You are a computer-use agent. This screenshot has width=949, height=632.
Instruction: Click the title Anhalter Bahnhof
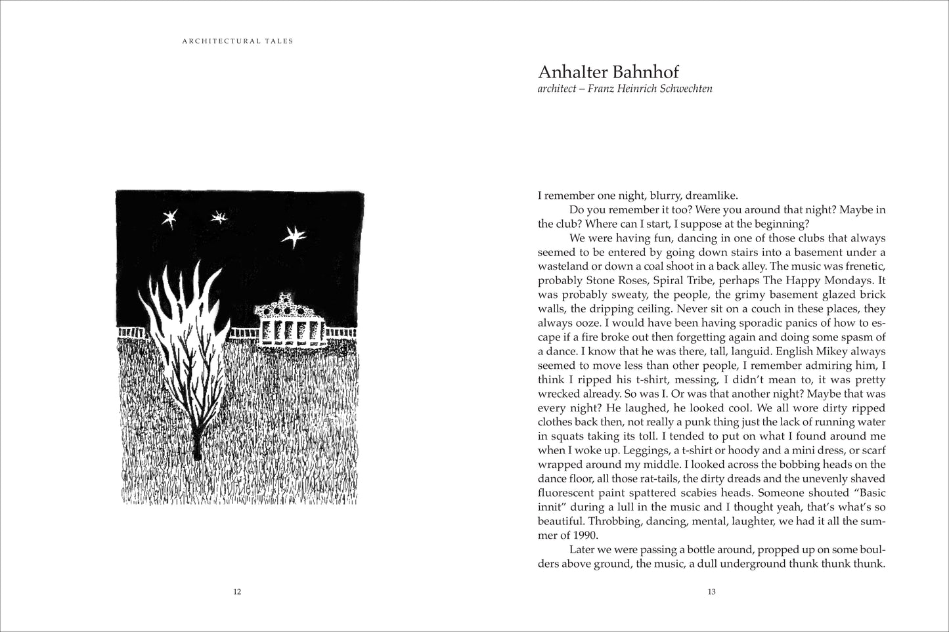(x=607, y=72)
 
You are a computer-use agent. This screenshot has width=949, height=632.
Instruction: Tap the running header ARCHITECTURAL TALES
(x=236, y=41)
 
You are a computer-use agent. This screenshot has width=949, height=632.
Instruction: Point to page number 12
(x=237, y=592)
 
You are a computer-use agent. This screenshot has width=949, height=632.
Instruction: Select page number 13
(x=711, y=592)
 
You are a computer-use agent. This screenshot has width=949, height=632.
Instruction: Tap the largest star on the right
(x=294, y=236)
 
